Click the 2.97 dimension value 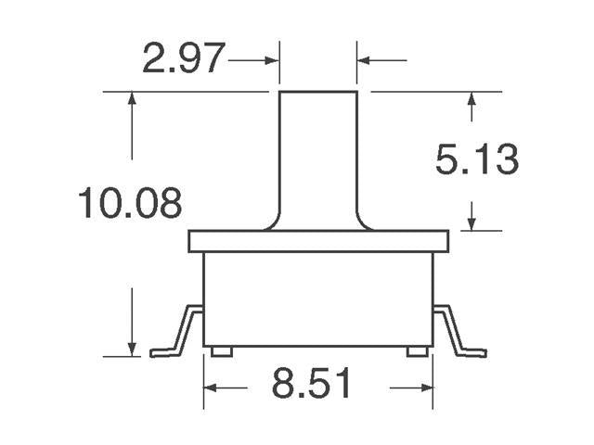183,59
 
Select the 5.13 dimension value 476,160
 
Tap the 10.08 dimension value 129,203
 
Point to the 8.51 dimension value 313,384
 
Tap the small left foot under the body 221,351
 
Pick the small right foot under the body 418,351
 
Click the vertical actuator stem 318,153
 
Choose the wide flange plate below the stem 318,241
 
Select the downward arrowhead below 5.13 472,222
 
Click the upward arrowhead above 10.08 132,100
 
